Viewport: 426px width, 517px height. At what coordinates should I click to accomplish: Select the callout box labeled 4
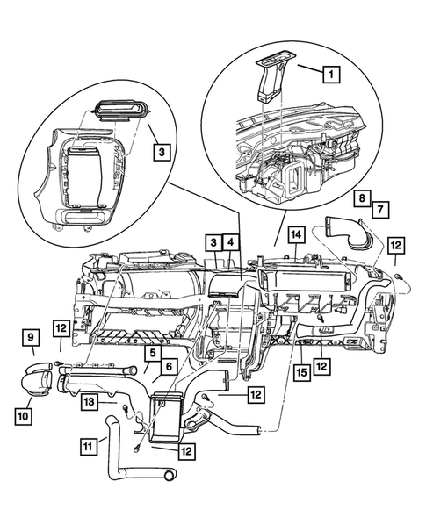click(x=229, y=241)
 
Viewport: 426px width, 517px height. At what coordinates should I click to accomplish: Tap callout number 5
click(x=151, y=354)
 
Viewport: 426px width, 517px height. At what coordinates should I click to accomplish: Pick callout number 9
click(x=29, y=337)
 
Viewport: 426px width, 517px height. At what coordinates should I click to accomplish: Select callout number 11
click(x=90, y=447)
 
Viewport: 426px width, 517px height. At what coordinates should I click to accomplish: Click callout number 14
click(x=297, y=234)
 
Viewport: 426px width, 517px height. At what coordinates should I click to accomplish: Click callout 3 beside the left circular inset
click(x=159, y=151)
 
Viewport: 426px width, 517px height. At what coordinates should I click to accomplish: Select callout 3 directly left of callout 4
click(x=212, y=241)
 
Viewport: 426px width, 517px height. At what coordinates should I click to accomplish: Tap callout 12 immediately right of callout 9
click(x=60, y=328)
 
